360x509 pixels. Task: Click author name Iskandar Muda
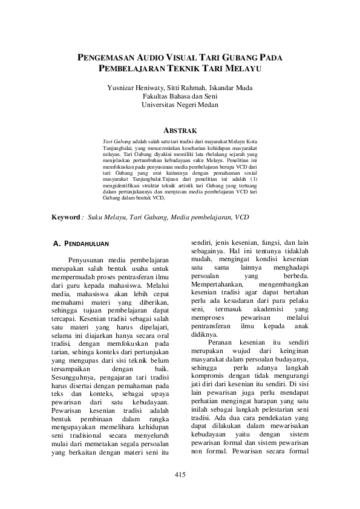coord(231,86)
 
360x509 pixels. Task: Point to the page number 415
coord(179,473)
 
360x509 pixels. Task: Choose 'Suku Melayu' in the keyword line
coord(106,216)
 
